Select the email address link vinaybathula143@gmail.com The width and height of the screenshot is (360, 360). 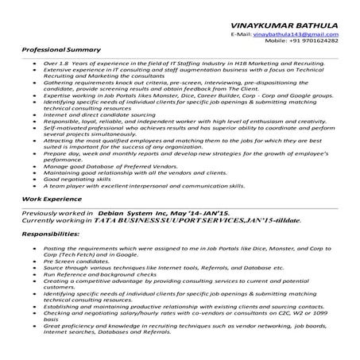296,36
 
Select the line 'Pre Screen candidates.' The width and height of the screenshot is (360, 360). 77,261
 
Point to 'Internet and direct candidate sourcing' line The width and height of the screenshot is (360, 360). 100,114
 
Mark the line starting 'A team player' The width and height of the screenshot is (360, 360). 143,187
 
